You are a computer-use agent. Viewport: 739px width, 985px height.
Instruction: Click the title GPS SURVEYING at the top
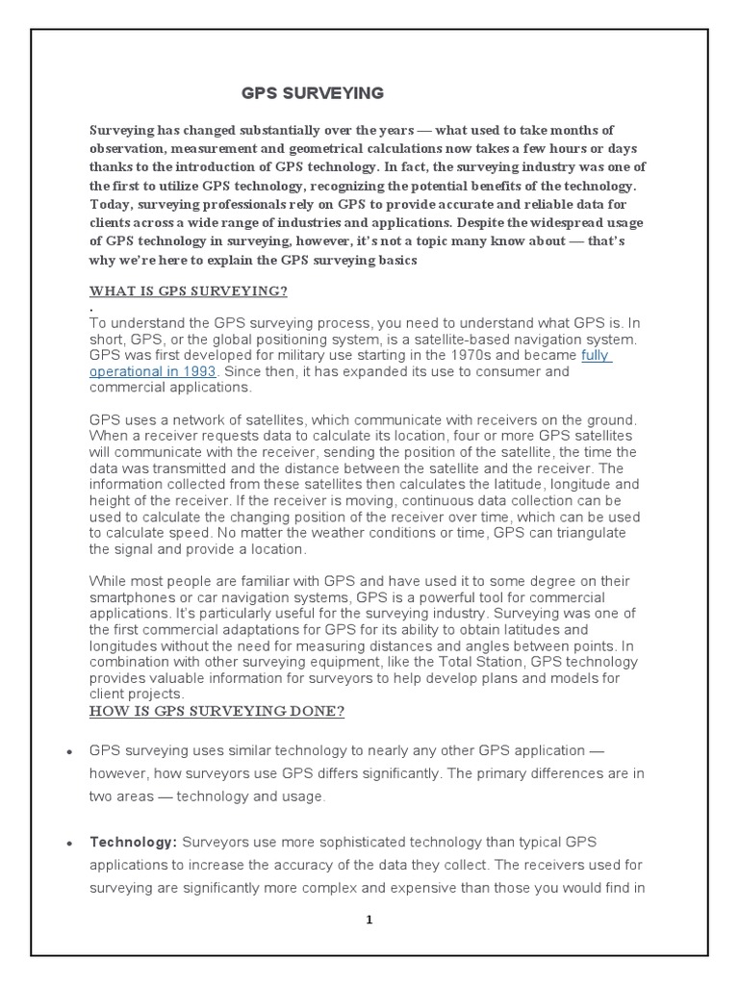(312, 93)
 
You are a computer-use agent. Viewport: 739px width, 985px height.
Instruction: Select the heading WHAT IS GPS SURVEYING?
(189, 290)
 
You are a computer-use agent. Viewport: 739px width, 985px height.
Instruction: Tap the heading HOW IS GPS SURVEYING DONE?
(217, 711)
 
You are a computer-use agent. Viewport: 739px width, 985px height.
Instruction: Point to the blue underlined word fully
(597, 355)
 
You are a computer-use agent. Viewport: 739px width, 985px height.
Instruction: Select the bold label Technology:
(133, 842)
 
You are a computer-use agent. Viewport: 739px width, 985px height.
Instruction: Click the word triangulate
(578, 535)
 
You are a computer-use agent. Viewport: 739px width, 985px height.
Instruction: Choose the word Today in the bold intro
(112, 204)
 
